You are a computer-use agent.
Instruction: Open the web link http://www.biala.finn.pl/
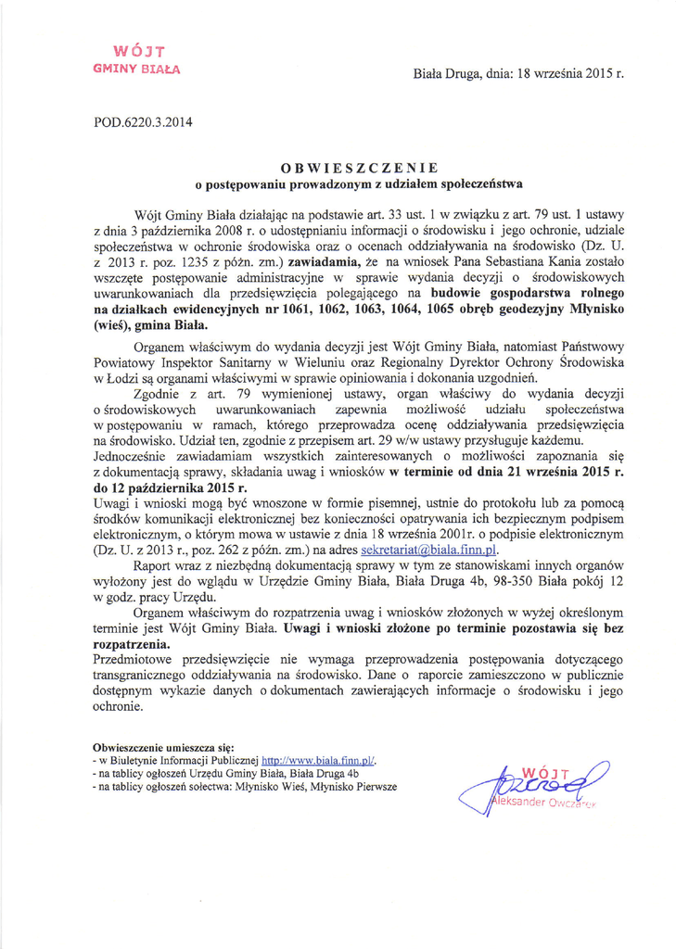pos(313,758)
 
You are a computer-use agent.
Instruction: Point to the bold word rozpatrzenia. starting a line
pos(132,643)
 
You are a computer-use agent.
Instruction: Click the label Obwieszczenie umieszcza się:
pos(164,745)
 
